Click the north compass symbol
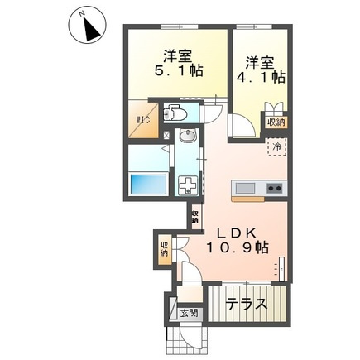88,26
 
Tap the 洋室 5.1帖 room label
178,63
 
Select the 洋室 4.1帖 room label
261,70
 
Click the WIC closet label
143,120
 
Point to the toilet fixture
175,113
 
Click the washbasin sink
188,136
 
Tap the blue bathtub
148,184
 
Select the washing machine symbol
188,185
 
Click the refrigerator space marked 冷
276,147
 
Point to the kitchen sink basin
245,189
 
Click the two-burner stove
274,189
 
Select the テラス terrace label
247,304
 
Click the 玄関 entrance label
190,313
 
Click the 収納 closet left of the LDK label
165,249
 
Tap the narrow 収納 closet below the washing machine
195,217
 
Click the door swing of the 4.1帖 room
242,126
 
